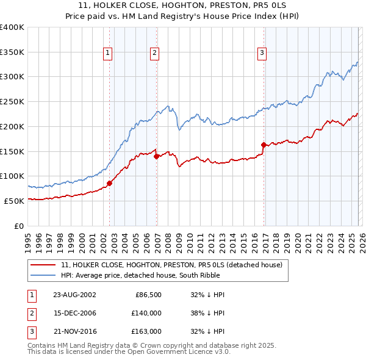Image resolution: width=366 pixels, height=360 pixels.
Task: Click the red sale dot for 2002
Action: [110, 182]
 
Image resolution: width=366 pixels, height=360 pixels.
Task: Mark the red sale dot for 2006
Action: [157, 156]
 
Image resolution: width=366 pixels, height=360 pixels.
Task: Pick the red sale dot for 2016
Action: [264, 145]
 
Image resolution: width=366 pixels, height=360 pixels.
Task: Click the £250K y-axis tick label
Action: [12, 102]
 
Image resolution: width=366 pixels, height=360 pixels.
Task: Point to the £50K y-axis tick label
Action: [14, 201]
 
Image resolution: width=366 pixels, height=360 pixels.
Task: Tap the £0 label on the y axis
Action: [20, 226]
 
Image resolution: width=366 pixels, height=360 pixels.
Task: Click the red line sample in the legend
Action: [43, 265]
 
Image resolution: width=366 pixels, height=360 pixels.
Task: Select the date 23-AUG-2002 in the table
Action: [74, 295]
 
